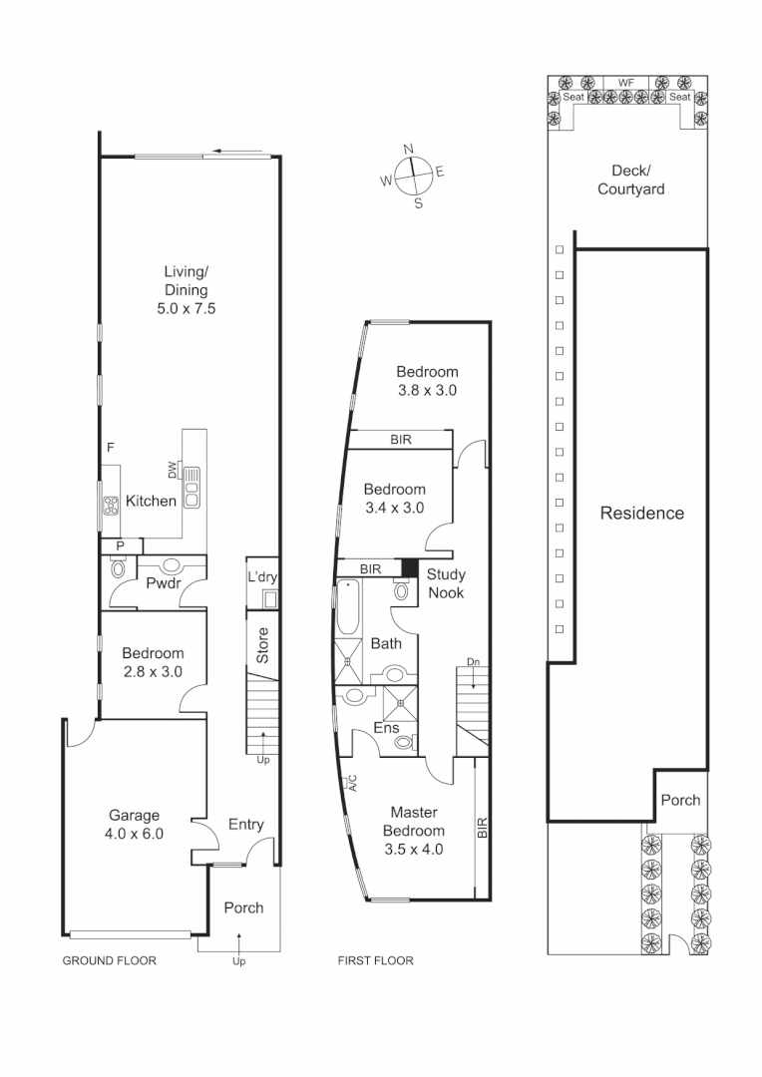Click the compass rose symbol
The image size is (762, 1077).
[x=413, y=177]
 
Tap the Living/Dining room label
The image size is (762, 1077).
[x=187, y=290]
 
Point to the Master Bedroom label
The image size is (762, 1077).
[x=414, y=830]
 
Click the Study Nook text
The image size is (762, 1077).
[x=445, y=583]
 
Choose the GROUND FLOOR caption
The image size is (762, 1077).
[x=110, y=961]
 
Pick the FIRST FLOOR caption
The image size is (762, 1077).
[x=376, y=961]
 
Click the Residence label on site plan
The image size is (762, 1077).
[x=641, y=514]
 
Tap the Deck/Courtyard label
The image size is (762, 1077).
[x=630, y=179]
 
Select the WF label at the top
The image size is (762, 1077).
[x=626, y=83]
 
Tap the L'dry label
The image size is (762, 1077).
[x=262, y=577]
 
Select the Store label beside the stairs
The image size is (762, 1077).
[x=263, y=645]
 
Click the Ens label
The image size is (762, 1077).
[x=386, y=728]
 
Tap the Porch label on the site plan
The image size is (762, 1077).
[x=681, y=800]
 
